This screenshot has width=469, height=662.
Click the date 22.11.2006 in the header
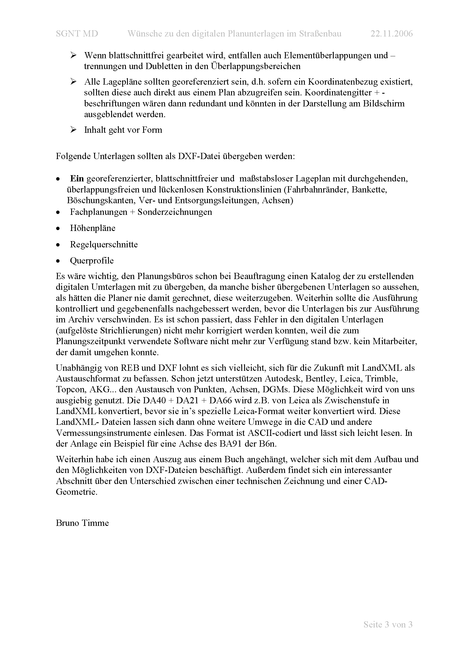pos(391,34)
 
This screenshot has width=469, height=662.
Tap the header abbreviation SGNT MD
pos(77,34)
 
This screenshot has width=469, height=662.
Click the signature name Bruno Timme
pos(82,523)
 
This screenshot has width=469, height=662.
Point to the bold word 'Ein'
pos(77,179)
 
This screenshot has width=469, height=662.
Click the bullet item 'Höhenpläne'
pos(92,228)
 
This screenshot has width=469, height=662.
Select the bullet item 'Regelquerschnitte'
pos(104,245)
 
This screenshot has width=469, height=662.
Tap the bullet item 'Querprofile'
pos(92,261)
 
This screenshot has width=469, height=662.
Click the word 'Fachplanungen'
pos(98,212)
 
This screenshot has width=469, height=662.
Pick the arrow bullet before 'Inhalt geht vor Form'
pos(73,129)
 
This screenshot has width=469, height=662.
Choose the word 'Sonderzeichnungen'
pos(175,212)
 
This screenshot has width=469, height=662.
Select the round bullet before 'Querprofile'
pos(58,261)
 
